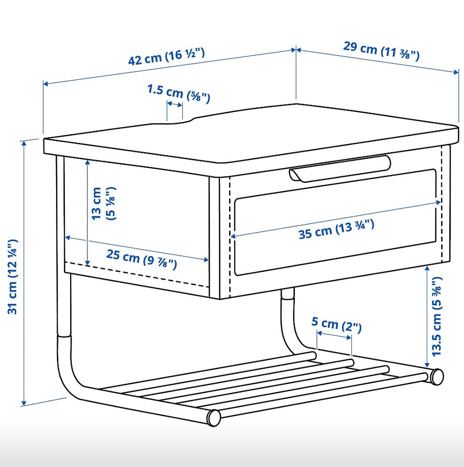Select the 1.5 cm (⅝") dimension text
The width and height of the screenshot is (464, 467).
click(179, 93)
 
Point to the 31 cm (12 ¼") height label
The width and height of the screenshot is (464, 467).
click(13, 276)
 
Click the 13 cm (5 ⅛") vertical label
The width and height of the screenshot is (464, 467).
click(103, 203)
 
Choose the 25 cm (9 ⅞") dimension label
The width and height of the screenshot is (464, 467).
click(142, 258)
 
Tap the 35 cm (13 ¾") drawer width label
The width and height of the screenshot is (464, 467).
click(336, 229)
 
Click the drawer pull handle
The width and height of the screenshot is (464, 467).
click(340, 168)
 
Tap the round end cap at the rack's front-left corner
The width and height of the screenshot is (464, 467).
click(214, 418)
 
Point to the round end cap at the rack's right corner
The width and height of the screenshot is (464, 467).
click(436, 377)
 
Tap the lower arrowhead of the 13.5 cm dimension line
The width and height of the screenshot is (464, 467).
click(427, 364)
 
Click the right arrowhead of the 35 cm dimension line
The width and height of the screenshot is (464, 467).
click(438, 202)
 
